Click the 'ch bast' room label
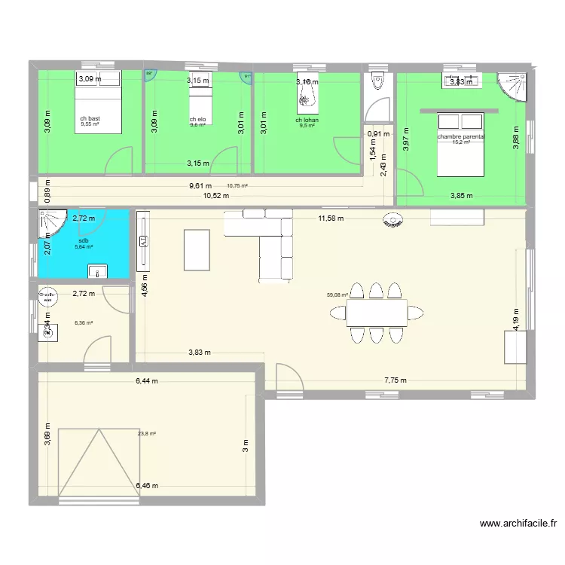(x=90, y=119)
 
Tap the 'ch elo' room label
(x=197, y=120)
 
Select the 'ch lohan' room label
(x=307, y=120)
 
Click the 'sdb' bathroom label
(x=83, y=240)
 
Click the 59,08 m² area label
(x=337, y=295)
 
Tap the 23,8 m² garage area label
(x=148, y=433)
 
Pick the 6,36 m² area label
(x=84, y=323)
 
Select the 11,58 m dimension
(x=330, y=218)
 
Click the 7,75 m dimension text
(x=395, y=381)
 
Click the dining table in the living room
(x=377, y=313)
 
